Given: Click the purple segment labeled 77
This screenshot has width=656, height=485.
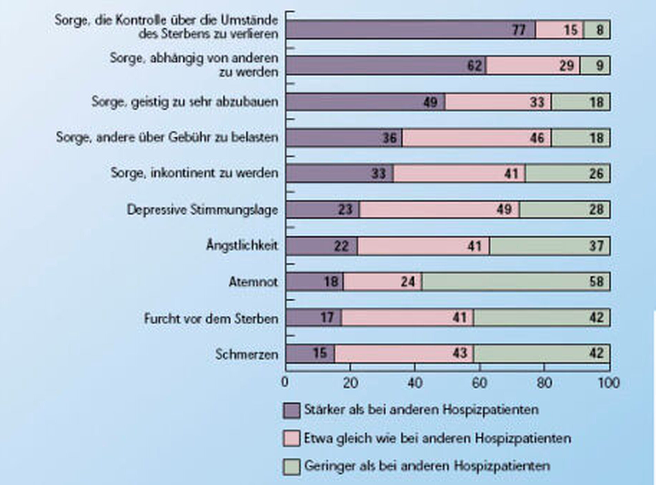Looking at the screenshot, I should pyautogui.click(x=411, y=30).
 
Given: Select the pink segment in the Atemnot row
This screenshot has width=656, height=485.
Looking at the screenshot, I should pyautogui.click(x=382, y=282).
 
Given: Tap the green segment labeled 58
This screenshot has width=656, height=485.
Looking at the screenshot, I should pyautogui.click(x=515, y=282).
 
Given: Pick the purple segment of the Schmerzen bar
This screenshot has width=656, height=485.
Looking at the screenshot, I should pyautogui.click(x=310, y=353).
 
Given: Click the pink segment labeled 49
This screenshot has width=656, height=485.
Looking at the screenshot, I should pyautogui.click(x=439, y=210).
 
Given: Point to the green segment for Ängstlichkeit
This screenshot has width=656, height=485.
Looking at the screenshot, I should pyautogui.click(x=549, y=246).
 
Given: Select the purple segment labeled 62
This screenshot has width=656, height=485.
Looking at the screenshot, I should pyautogui.click(x=386, y=66).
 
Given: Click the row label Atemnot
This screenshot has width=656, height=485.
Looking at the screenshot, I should pyautogui.click(x=253, y=282).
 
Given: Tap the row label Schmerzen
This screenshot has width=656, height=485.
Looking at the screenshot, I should pyautogui.click(x=247, y=354).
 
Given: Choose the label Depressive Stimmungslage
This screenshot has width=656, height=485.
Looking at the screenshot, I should pyautogui.click(x=202, y=210).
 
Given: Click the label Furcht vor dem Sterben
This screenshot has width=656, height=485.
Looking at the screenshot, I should pyautogui.click(x=211, y=318).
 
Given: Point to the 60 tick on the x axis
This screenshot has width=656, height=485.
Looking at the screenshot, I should pyautogui.click(x=479, y=383).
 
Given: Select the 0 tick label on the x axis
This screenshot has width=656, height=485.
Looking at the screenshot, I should pyautogui.click(x=285, y=383).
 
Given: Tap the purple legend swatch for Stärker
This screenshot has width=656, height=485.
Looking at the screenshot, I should pyautogui.click(x=291, y=410).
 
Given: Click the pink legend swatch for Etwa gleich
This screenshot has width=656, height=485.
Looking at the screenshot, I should pyautogui.click(x=291, y=439).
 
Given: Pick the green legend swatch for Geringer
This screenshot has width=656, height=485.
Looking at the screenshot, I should pyautogui.click(x=291, y=467).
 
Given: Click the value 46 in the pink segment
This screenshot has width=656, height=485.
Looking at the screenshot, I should pyautogui.click(x=537, y=138).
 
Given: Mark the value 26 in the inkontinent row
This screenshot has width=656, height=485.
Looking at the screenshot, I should pyautogui.click(x=596, y=174).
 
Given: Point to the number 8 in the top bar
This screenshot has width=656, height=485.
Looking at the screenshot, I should pyautogui.click(x=600, y=30).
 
